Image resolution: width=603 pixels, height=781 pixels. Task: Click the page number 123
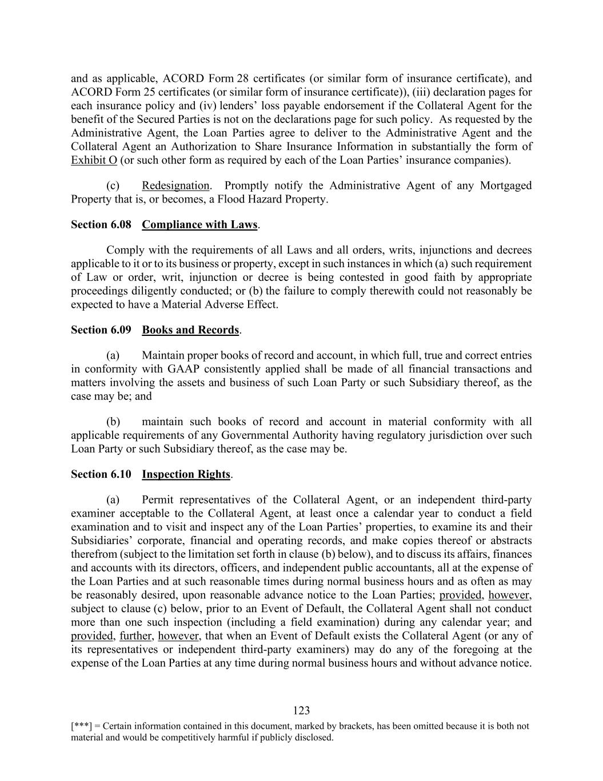coord(301,711)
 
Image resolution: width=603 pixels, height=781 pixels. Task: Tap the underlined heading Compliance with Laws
coord(199,224)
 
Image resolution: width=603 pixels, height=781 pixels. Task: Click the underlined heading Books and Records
coord(190,330)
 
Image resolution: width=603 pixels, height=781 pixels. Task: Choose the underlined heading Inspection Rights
coord(186,474)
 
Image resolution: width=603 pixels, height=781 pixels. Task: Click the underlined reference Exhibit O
coord(94,160)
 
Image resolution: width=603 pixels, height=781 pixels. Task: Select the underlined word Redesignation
coord(175,185)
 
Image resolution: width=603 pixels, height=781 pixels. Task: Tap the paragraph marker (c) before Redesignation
coord(113,185)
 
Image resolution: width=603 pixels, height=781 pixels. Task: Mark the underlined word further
coord(135,636)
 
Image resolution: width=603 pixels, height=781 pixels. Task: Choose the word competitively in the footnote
coord(186,738)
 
